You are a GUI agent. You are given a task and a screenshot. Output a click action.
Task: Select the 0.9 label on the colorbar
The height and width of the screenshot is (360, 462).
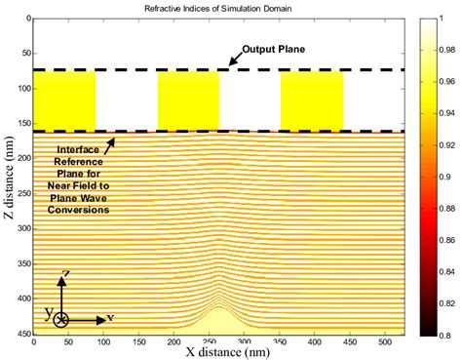tap(446, 177)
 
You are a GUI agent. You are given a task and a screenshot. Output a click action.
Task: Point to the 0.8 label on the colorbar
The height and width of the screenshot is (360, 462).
tap(446, 334)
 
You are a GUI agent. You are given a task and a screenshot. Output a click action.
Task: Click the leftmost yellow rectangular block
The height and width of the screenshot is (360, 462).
tap(64, 100)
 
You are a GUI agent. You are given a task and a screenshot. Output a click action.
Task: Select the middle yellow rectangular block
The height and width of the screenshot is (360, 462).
tap(188, 100)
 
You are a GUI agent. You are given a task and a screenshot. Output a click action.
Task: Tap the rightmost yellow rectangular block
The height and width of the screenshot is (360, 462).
tap(312, 100)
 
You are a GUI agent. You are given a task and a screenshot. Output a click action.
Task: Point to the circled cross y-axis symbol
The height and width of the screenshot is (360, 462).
tap(61, 319)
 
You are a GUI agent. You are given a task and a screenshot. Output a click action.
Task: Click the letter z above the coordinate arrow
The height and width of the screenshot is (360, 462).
tap(63, 274)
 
